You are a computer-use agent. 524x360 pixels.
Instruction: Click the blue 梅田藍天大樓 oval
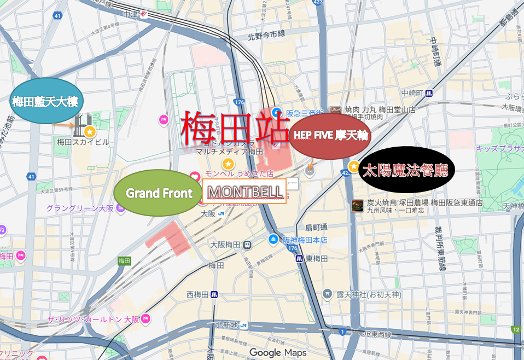[x=46, y=101]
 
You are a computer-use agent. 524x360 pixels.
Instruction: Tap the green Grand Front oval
[x=159, y=193]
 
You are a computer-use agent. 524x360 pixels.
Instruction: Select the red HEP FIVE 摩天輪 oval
[x=330, y=134]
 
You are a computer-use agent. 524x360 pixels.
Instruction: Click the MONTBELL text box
[x=244, y=191]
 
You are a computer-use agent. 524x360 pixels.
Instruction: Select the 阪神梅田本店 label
[x=305, y=239]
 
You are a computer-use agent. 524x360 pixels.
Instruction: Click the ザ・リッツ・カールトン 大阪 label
[x=94, y=318]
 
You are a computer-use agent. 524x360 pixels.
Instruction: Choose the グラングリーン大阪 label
[x=79, y=208]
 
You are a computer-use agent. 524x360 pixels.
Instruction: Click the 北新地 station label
[x=227, y=325]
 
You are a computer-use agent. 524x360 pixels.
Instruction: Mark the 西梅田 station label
[x=198, y=294]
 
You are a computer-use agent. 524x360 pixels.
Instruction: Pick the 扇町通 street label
[x=315, y=227]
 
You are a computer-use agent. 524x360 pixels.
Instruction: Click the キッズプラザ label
[x=499, y=148]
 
